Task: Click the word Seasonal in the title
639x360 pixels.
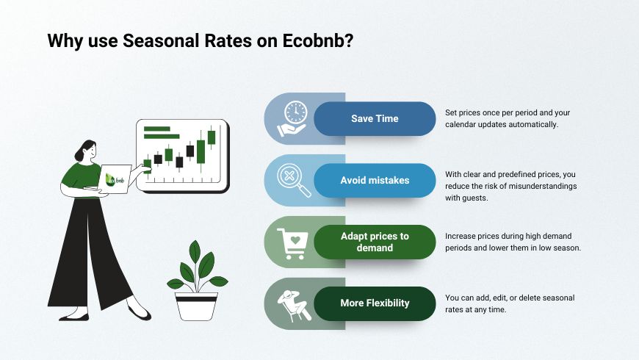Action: pyautogui.click(x=159, y=41)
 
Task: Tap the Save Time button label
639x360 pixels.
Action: pyautogui.click(x=375, y=118)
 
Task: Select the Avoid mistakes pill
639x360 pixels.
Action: pyautogui.click(x=375, y=180)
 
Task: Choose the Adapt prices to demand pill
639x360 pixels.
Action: pyautogui.click(x=375, y=242)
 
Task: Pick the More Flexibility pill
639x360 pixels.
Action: pyautogui.click(x=375, y=303)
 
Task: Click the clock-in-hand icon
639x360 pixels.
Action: pyautogui.click(x=294, y=118)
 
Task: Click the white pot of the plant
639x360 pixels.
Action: pyautogui.click(x=196, y=306)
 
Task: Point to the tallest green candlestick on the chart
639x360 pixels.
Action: pyautogui.click(x=201, y=151)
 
